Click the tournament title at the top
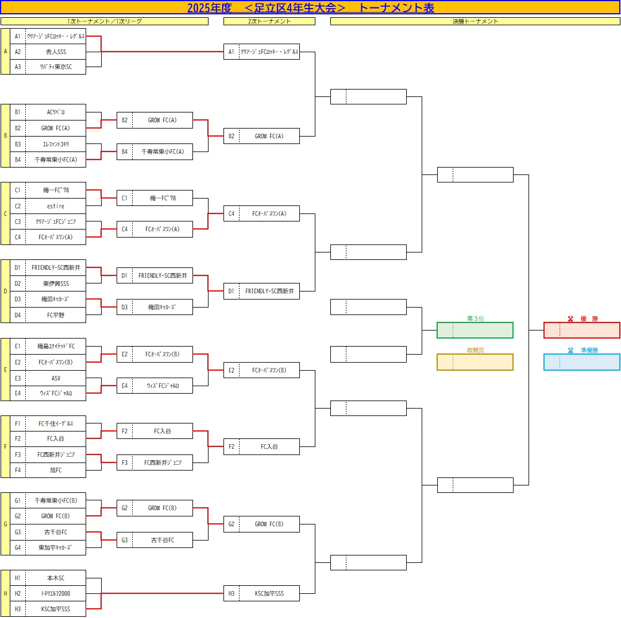[x=310, y=8]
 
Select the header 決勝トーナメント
[x=475, y=21]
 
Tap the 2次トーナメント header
[x=269, y=21]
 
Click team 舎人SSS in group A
[x=56, y=52]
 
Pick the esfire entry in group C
[x=56, y=206]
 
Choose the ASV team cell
[x=56, y=378]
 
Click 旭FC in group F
[x=56, y=470]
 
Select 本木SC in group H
[x=56, y=578]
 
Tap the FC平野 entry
[x=56, y=314]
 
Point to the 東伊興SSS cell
[x=56, y=283]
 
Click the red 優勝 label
[x=582, y=318]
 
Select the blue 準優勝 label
[x=582, y=350]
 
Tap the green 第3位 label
[x=475, y=318]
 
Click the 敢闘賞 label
[x=475, y=350]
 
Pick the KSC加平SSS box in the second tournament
[x=269, y=593]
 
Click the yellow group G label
[x=6, y=524]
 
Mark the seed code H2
[x=18, y=593]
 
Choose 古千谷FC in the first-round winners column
[x=162, y=540]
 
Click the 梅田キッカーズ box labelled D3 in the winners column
[x=162, y=307]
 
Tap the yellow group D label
[x=6, y=291]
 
